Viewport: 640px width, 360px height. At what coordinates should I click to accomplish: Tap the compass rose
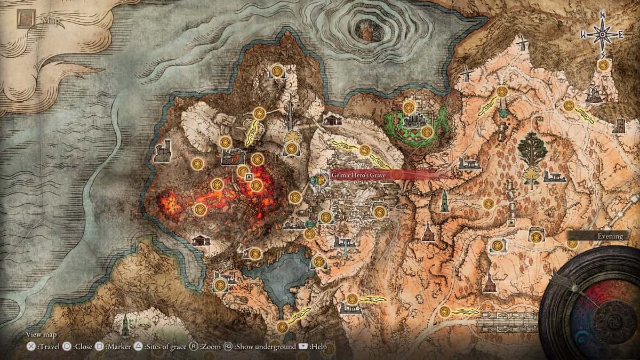pyautogui.click(x=602, y=34)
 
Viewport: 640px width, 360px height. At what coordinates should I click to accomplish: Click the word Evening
pyautogui.click(x=607, y=235)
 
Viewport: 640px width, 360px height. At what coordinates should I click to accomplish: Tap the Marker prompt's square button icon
pyautogui.click(x=100, y=346)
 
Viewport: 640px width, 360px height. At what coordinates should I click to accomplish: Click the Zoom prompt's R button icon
pyautogui.click(x=195, y=346)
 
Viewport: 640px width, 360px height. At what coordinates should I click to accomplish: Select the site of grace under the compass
pyautogui.click(x=603, y=65)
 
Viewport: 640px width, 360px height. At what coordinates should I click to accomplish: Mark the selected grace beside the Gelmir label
pyautogui.click(x=320, y=180)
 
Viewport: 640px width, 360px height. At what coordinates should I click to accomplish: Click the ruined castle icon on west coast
pyautogui.click(x=163, y=151)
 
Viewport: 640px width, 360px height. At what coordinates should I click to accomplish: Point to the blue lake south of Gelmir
pyautogui.click(x=277, y=277)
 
